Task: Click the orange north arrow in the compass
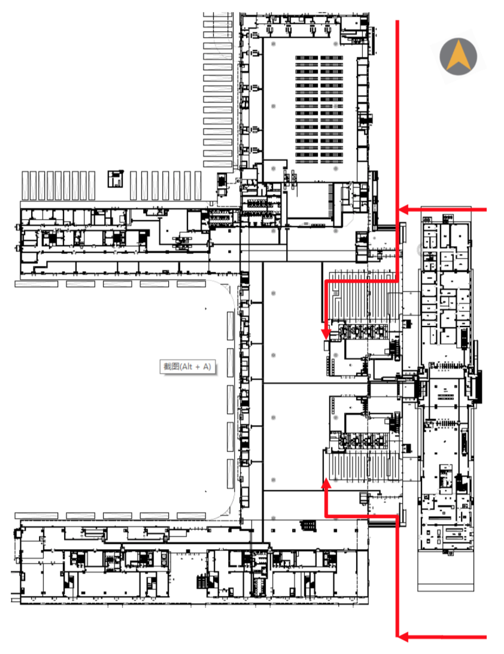click(x=458, y=56)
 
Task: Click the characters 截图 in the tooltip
click(x=171, y=367)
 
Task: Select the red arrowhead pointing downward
click(x=326, y=333)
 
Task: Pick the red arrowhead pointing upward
click(x=326, y=483)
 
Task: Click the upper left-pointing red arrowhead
click(x=403, y=210)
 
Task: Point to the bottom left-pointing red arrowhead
click(x=403, y=637)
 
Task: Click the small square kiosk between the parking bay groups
click(x=115, y=179)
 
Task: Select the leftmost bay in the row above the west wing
click(x=25, y=185)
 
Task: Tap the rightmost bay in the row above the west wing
click(x=198, y=185)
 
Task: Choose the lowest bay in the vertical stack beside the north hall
click(x=218, y=164)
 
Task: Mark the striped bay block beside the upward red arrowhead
click(x=362, y=467)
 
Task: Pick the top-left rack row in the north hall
click(x=307, y=58)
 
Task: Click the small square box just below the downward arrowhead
click(x=326, y=346)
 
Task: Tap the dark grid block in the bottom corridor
click(x=308, y=525)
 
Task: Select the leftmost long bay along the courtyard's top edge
click(x=37, y=284)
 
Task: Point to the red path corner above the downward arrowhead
click(x=326, y=281)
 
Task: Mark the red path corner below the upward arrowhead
click(x=326, y=516)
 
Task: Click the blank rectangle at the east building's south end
click(x=445, y=570)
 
